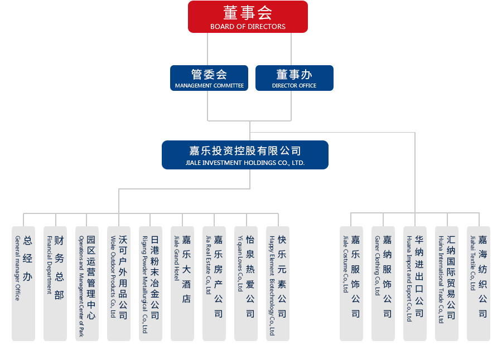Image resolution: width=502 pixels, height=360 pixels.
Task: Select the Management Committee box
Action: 209,78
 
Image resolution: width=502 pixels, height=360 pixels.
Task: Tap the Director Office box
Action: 294,78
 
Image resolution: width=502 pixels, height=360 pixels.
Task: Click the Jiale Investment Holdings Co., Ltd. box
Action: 245,155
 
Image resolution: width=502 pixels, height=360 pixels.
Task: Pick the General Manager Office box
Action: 23,283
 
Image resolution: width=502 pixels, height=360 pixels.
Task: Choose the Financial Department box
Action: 55,283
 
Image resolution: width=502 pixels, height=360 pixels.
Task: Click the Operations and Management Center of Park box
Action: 87,283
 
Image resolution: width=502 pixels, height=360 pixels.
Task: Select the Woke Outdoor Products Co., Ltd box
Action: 119,283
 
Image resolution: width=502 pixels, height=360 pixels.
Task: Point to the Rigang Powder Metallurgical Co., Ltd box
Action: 151,283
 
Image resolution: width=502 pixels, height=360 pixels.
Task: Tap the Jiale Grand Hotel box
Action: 182,283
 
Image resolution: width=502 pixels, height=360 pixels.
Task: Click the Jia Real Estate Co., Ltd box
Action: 214,283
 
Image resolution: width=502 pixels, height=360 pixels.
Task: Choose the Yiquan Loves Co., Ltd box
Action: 246,283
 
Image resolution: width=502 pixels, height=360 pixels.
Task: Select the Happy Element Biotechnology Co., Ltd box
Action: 278,283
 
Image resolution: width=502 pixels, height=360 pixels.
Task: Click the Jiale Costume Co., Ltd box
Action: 351,283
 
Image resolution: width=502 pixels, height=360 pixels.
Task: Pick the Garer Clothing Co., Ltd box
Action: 383,283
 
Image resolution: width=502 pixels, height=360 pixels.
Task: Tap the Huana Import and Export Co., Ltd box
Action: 415,283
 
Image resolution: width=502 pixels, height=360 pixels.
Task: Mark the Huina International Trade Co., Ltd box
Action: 447,283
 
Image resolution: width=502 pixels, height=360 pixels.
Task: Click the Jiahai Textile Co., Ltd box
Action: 479,283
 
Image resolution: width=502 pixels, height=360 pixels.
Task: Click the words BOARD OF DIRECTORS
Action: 248,27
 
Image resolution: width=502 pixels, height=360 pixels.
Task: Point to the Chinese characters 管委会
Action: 209,74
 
